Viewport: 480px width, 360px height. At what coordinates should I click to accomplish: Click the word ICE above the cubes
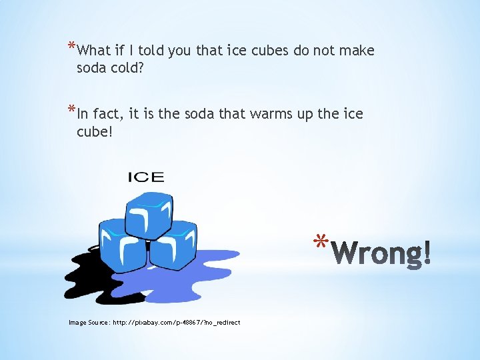(x=145, y=177)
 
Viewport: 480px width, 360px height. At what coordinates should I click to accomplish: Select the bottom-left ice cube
(x=123, y=245)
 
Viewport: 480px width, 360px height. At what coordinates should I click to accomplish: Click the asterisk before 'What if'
(x=71, y=47)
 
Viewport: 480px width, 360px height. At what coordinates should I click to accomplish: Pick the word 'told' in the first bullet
(x=149, y=51)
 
